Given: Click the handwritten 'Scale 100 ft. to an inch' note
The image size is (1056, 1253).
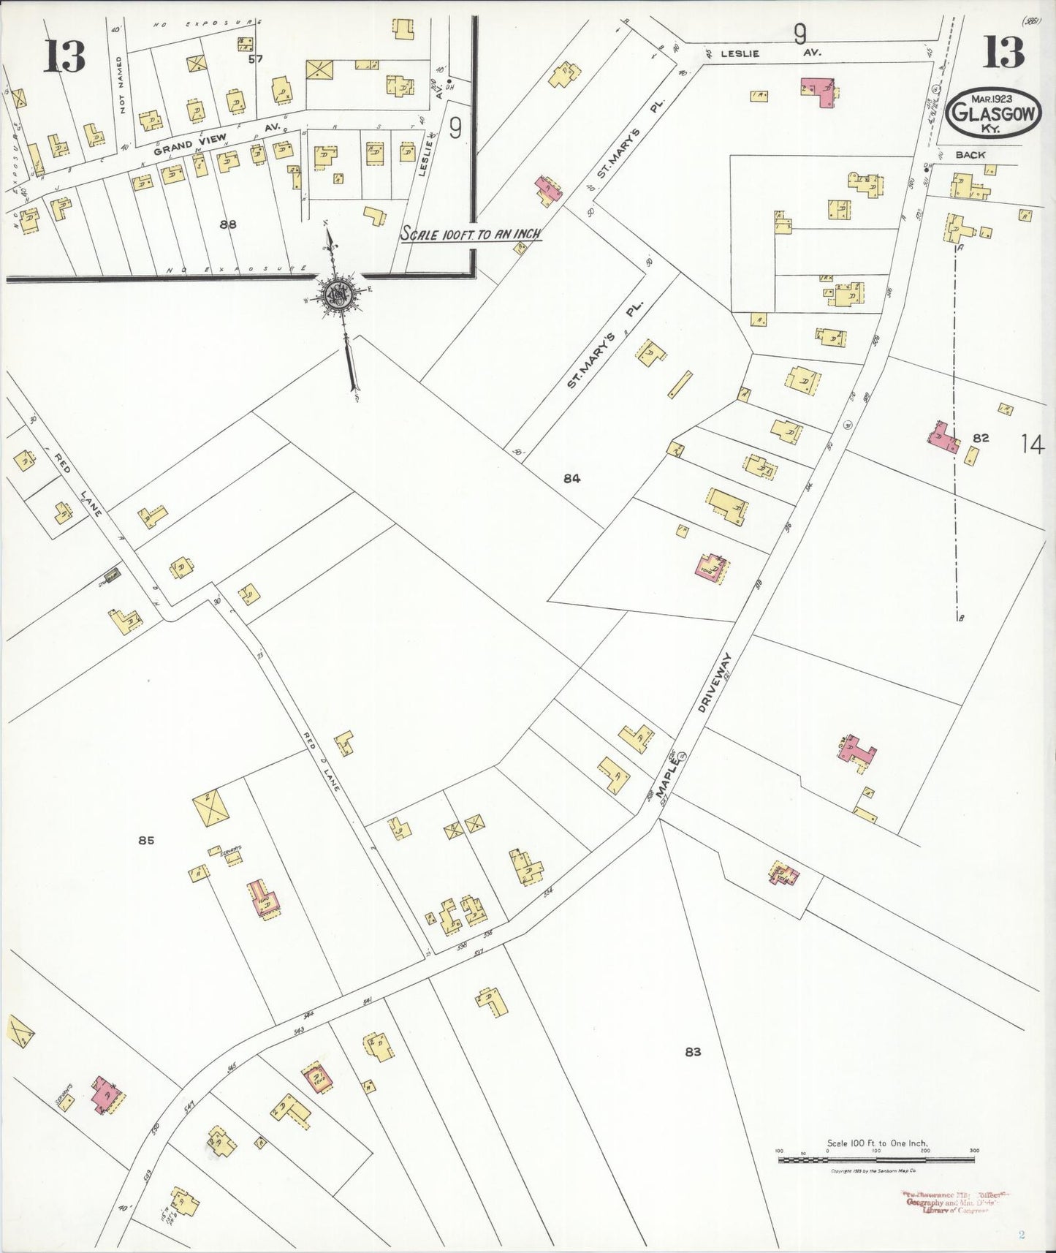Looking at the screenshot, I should click(470, 234).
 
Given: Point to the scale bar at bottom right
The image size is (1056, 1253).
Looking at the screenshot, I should click(877, 1159).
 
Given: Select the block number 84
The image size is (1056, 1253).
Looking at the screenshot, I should click(571, 479).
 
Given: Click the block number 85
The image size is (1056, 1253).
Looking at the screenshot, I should click(146, 841).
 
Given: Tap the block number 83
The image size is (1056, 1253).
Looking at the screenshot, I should click(693, 1052).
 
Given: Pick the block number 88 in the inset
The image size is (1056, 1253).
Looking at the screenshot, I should click(228, 224).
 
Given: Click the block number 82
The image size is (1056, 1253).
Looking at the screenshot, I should click(981, 438).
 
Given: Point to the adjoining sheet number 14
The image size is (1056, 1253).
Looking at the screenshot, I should click(1032, 444).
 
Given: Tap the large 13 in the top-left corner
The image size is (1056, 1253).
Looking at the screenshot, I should click(65, 56).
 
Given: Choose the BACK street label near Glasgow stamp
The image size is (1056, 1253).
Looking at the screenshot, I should click(969, 155).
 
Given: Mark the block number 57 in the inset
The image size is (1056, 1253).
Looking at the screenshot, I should click(255, 59).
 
